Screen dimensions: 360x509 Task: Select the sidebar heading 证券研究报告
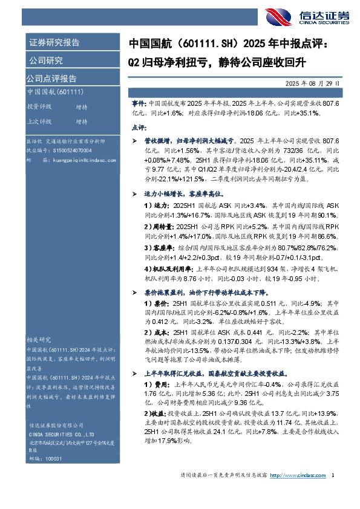click(54, 42)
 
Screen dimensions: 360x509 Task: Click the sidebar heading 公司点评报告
click(51, 79)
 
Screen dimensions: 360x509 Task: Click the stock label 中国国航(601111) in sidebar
click(55, 92)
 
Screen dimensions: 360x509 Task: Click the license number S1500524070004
click(68, 149)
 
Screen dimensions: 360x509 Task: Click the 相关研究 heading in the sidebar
click(40, 340)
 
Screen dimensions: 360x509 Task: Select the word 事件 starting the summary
click(138, 104)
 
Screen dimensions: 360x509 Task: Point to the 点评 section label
click(138, 128)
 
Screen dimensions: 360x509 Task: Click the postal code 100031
click(54, 459)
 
